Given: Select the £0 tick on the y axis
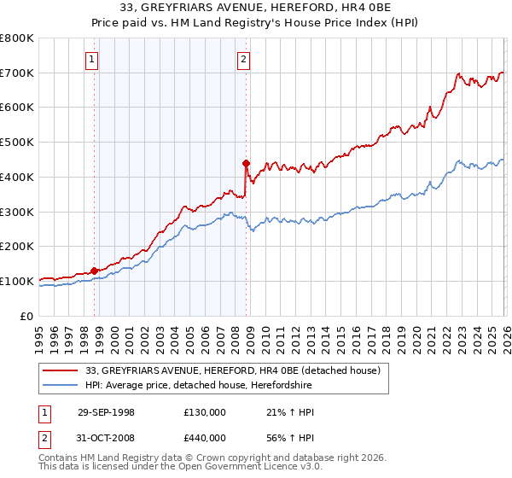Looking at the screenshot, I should [x=27, y=316].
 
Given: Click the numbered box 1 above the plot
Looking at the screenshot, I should [x=92, y=59].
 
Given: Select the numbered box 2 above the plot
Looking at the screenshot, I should [x=244, y=59].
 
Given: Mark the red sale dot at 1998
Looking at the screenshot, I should [x=95, y=271].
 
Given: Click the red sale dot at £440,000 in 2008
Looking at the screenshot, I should [x=246, y=162].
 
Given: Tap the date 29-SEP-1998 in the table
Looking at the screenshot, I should [x=105, y=412].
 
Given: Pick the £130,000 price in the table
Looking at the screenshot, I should [x=205, y=412].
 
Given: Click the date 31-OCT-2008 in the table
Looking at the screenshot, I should [x=105, y=438].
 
